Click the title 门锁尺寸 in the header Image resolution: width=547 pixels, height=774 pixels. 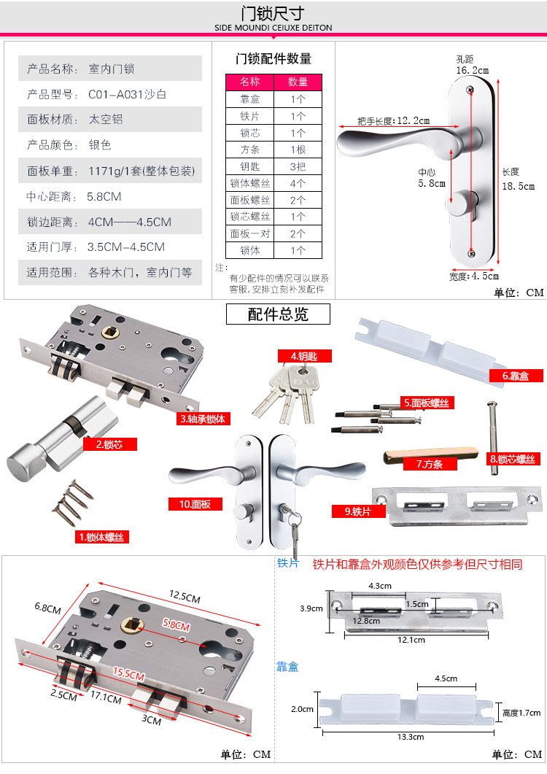click(x=273, y=13)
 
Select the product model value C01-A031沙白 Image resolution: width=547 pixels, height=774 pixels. click(x=128, y=94)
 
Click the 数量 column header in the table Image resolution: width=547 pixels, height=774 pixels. click(x=298, y=82)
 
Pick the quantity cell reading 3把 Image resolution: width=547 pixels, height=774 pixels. click(x=298, y=167)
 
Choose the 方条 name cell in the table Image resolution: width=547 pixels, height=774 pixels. click(x=250, y=150)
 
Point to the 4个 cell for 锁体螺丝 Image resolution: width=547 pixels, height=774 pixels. click(x=298, y=184)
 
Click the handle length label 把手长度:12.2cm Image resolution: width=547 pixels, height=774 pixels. click(x=393, y=121)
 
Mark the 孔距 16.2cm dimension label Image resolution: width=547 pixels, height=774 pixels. click(x=473, y=65)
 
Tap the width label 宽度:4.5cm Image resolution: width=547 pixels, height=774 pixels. click(x=474, y=276)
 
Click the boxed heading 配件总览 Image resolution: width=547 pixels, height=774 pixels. click(x=278, y=314)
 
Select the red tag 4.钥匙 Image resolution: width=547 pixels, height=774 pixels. click(x=304, y=356)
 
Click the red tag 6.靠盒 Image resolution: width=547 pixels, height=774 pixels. click(x=516, y=376)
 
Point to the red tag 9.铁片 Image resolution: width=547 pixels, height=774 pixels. click(x=358, y=511)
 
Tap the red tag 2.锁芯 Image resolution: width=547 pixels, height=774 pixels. click(x=109, y=444)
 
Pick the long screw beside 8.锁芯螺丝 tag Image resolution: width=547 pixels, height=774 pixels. click(x=492, y=438)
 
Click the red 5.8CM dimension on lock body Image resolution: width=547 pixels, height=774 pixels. click(x=176, y=625)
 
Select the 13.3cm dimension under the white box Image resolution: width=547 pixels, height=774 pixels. click(x=411, y=737)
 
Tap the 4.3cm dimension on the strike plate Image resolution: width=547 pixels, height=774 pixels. click(x=380, y=586)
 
